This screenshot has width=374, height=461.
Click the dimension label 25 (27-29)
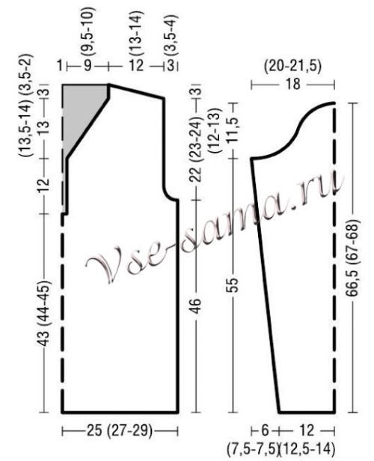119,431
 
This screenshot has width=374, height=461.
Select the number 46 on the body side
196,306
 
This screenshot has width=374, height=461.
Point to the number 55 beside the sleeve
233,284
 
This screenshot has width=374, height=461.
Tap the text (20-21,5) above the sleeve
292,67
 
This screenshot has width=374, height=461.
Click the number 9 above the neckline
88,65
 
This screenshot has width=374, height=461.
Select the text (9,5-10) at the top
88,31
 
